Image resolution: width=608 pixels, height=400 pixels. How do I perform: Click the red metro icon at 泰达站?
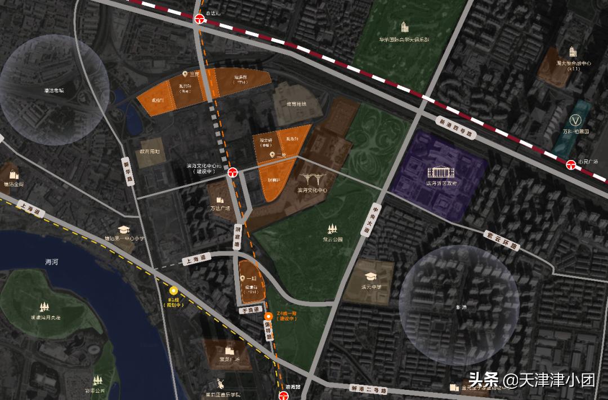coord(199,19)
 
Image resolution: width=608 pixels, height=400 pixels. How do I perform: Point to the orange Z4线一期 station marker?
coord(269,316)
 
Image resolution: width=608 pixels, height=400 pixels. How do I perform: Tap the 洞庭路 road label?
coord(238,236)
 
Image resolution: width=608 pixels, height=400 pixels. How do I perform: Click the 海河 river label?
coord(52,262)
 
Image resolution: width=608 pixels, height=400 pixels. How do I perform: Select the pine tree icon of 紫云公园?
coord(332,229)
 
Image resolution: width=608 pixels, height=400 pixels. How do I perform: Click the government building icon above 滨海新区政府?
coord(441,171)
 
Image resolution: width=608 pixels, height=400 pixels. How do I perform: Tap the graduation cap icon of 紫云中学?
coord(371,276)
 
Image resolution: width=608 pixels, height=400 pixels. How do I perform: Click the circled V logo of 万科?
coord(575,119)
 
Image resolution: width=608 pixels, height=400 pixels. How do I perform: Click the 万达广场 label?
coord(220,208)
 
